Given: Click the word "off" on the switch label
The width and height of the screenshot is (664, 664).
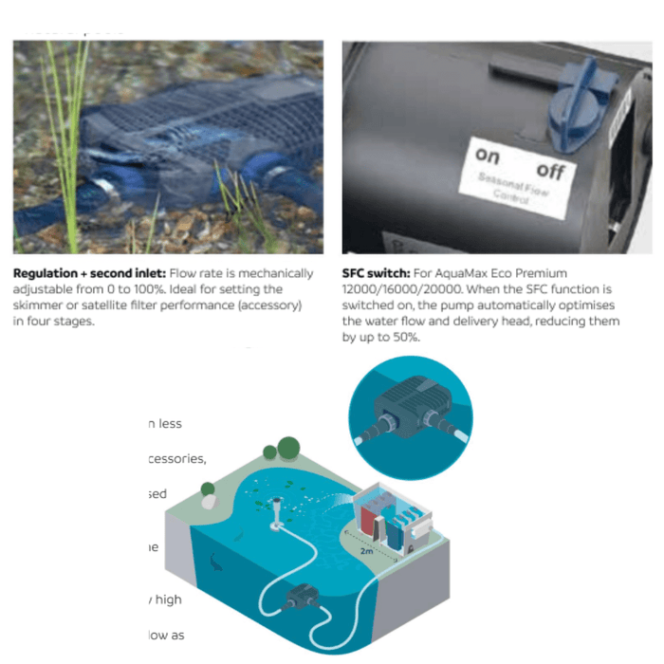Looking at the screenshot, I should point(551,171).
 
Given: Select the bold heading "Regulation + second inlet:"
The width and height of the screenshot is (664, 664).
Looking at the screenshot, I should point(89,273).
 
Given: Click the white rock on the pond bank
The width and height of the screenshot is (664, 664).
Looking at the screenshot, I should point(208,489).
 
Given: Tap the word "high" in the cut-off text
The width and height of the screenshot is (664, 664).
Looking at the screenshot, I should point(169,599).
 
